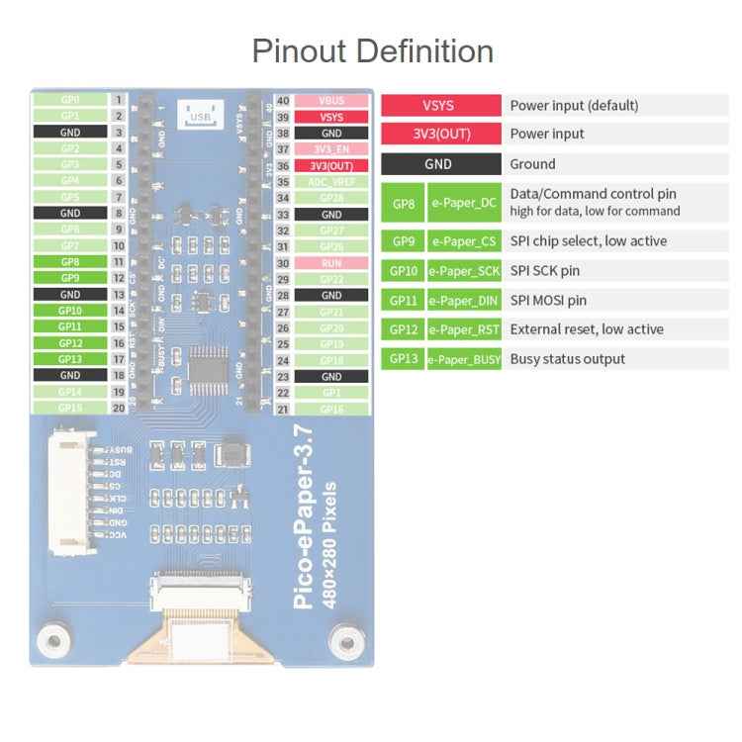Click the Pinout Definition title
point(372,50)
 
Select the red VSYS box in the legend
point(439,105)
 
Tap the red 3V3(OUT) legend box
point(439,134)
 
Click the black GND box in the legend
point(439,164)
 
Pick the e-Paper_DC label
point(463,202)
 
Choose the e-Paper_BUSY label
point(463,359)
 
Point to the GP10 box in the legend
point(403,270)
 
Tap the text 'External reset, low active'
point(587,329)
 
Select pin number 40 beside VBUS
point(283,101)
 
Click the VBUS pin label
point(331,101)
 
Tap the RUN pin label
point(331,263)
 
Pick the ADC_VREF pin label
point(331,182)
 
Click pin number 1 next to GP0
point(119,100)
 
